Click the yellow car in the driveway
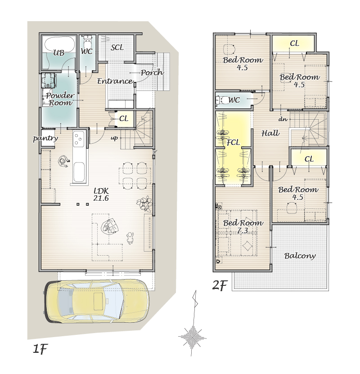(x=96, y=302)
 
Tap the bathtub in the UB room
(x=59, y=44)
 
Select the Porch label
(x=152, y=72)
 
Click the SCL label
(x=117, y=47)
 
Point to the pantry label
(x=45, y=138)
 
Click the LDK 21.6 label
(x=101, y=194)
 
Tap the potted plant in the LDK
(x=144, y=204)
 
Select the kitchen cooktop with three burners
(x=79, y=139)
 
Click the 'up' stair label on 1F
(x=114, y=138)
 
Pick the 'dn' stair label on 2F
(x=283, y=119)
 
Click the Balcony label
(x=300, y=256)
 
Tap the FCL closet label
(x=233, y=142)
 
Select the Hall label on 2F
(x=270, y=133)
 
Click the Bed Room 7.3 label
(x=243, y=226)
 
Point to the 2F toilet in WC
(x=222, y=100)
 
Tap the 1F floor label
(x=40, y=349)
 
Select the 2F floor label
(x=220, y=285)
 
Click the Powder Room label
(x=60, y=99)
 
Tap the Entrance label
(x=115, y=81)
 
